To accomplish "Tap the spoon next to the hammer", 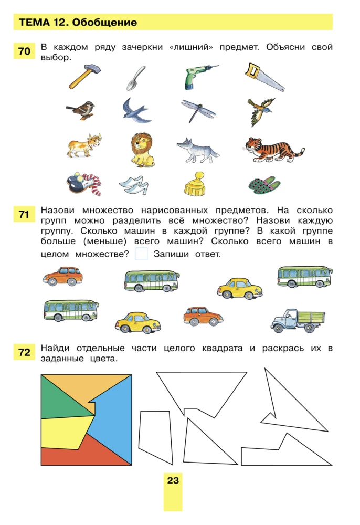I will pyautogui.click(x=134, y=78).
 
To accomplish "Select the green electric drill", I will pyautogui.click(x=198, y=77).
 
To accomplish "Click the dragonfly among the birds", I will pyautogui.click(x=199, y=110).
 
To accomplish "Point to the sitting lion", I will pyautogui.click(x=142, y=149).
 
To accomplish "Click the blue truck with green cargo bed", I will pyautogui.click(x=298, y=319).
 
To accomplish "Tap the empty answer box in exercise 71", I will pyautogui.click(x=141, y=255).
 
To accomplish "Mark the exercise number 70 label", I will pyautogui.click(x=24, y=51).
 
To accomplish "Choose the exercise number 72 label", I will pyautogui.click(x=24, y=353).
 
